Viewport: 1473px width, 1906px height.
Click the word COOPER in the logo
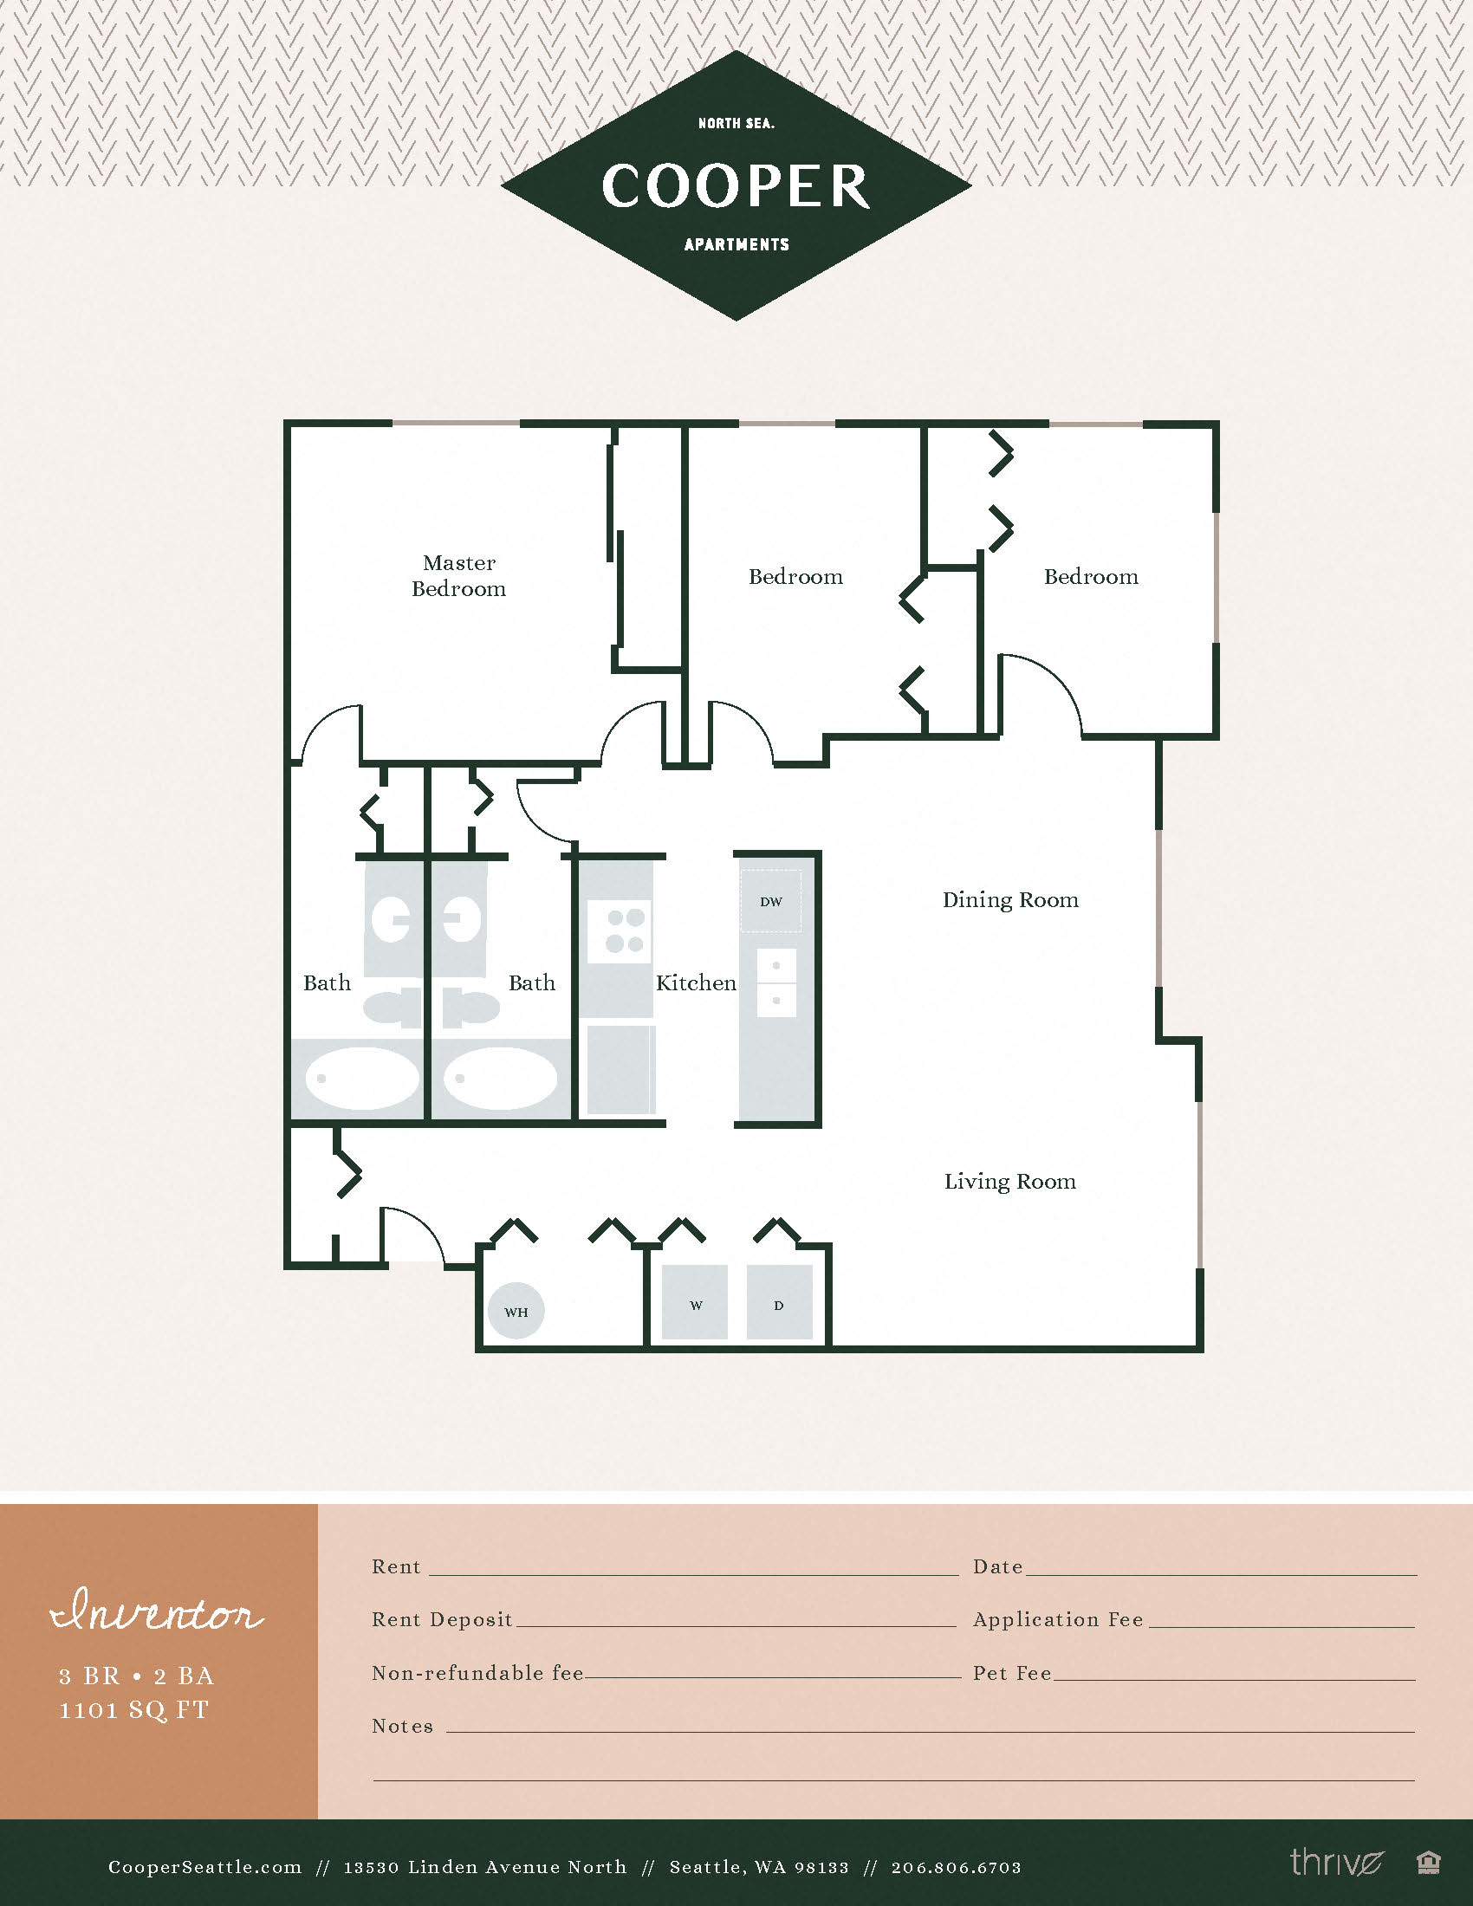(736, 186)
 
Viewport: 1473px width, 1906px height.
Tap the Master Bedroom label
(459, 576)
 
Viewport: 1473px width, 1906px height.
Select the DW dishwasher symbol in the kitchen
(770, 902)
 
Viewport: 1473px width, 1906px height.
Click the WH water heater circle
(516, 1312)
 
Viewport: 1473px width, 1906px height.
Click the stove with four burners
(620, 931)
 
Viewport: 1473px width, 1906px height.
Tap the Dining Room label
(1010, 900)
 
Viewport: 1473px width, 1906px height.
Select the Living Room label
(1009, 1182)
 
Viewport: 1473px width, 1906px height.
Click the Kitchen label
(696, 983)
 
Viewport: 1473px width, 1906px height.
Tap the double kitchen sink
(775, 982)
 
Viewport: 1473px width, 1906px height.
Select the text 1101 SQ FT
(134, 1710)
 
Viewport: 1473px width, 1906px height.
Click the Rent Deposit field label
(442, 1620)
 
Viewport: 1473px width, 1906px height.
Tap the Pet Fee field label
(1012, 1673)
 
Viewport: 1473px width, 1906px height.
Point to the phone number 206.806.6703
(956, 1868)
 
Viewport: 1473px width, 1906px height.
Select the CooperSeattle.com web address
(205, 1868)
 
